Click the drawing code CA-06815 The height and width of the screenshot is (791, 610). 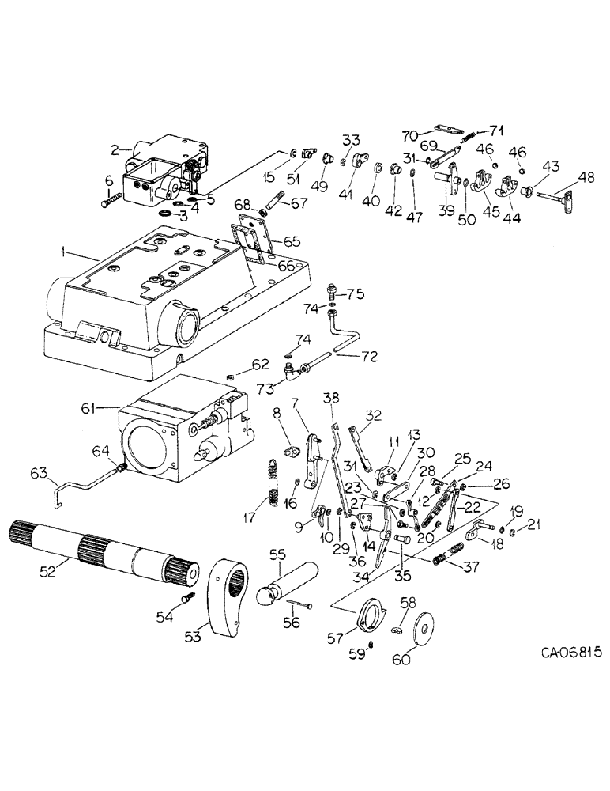[571, 653]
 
